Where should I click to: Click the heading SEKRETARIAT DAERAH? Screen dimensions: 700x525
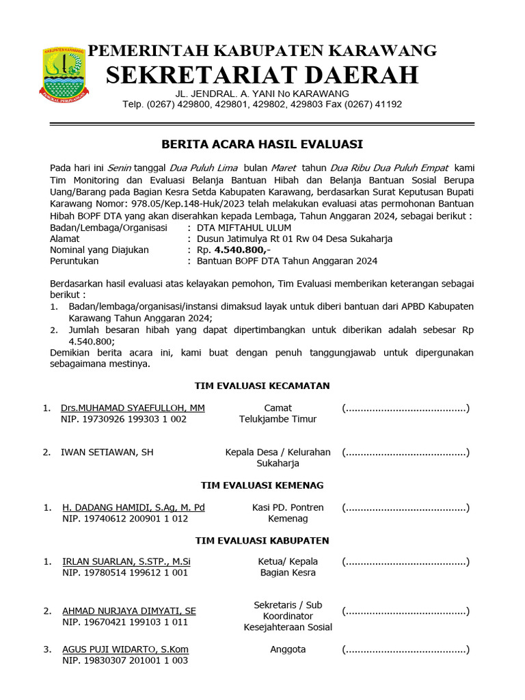262,75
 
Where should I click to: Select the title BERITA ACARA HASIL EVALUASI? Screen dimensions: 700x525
262,144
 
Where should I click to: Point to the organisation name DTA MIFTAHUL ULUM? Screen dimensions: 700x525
243,228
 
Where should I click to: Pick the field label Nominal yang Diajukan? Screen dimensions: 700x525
99,250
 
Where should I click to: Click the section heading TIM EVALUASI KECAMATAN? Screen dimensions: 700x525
262,386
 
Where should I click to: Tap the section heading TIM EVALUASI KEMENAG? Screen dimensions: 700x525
262,485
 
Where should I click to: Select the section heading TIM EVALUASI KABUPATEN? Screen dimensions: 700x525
262,540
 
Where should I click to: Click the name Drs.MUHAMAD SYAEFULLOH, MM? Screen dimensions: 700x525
133,408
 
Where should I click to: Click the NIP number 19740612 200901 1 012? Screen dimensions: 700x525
124,518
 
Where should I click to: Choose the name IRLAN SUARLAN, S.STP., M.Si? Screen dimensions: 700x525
126,562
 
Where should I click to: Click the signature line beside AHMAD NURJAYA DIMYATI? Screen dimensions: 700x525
405,611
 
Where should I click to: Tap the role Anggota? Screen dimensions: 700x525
288,649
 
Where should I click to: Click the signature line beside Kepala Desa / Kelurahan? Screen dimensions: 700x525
405,453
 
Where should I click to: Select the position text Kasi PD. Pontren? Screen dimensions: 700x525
288,507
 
